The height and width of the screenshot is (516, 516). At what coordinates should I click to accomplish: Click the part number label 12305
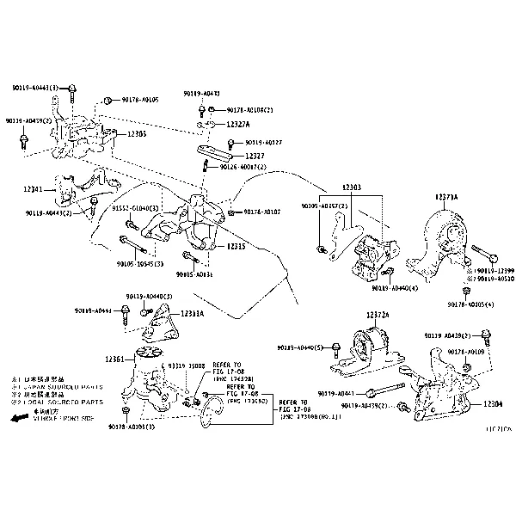pyautogui.click(x=136, y=135)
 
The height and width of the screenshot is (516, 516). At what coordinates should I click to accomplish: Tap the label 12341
pyautogui.click(x=34, y=187)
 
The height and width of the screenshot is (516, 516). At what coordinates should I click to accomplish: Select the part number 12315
pyautogui.click(x=236, y=247)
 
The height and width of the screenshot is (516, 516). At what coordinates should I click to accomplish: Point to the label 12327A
pyautogui.click(x=224, y=126)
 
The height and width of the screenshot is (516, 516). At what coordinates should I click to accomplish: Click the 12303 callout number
pyautogui.click(x=351, y=187)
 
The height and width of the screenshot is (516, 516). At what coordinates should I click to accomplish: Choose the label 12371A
pyautogui.click(x=446, y=197)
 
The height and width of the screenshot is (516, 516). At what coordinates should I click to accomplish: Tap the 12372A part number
pyautogui.click(x=378, y=316)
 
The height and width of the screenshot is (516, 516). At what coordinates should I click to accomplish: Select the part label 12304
pyautogui.click(x=493, y=403)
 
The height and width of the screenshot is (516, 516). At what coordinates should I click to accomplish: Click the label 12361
pyautogui.click(x=115, y=359)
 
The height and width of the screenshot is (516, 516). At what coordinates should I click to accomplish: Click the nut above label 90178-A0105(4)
pyautogui.click(x=465, y=292)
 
